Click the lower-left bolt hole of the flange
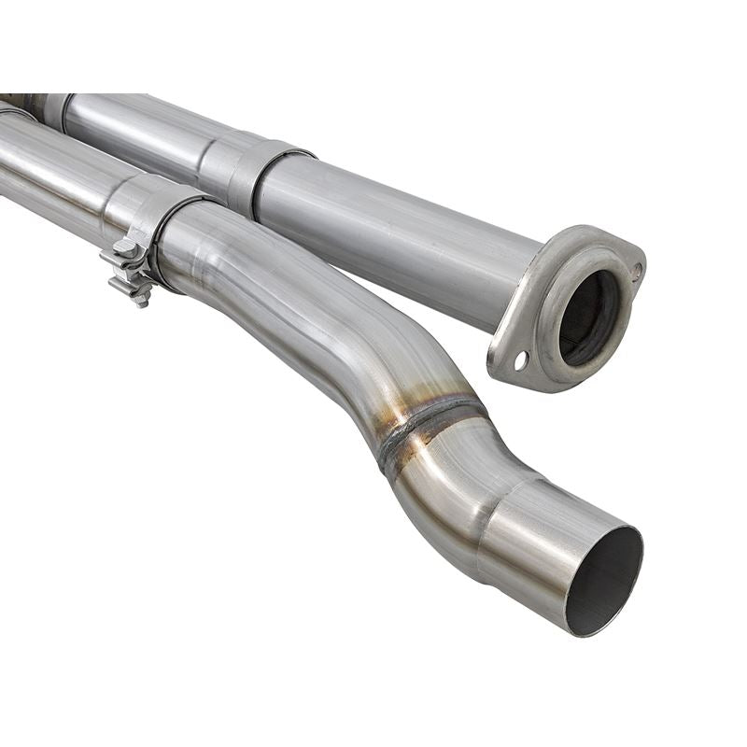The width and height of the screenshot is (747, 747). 519,359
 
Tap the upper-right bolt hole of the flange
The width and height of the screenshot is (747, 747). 637,272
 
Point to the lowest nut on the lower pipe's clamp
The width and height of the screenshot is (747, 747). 141,296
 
